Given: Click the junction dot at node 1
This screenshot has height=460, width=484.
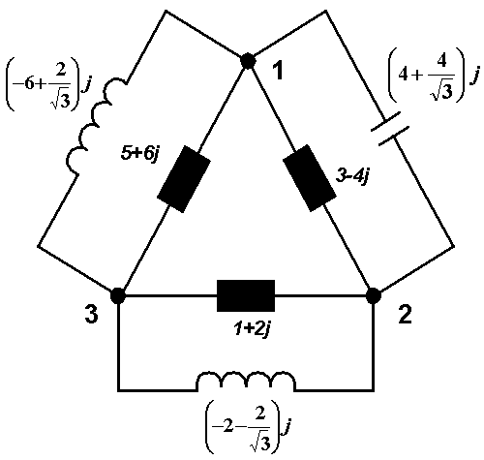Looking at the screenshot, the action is [x=248, y=61].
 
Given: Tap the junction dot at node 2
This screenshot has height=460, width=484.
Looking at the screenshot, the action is [x=374, y=295].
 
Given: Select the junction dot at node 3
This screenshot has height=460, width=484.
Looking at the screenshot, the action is [x=118, y=295].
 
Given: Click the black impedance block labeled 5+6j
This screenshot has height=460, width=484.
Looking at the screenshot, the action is [x=184, y=179].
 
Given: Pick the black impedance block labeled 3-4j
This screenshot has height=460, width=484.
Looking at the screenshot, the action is [x=309, y=178].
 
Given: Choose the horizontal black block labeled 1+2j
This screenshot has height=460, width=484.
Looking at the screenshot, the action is [x=246, y=295].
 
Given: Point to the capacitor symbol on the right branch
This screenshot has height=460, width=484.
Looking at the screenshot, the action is [x=390, y=129].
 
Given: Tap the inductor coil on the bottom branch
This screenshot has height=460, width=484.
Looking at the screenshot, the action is [x=246, y=381].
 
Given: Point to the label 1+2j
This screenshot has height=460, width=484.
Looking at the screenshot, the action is [x=252, y=330].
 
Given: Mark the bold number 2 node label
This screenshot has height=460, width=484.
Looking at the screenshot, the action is [x=406, y=314].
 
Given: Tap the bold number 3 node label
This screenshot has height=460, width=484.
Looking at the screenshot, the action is [x=91, y=314].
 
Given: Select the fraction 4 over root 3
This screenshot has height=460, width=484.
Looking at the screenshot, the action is [x=442, y=77].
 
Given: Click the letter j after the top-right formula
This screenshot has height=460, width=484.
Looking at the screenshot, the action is [x=473, y=77].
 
